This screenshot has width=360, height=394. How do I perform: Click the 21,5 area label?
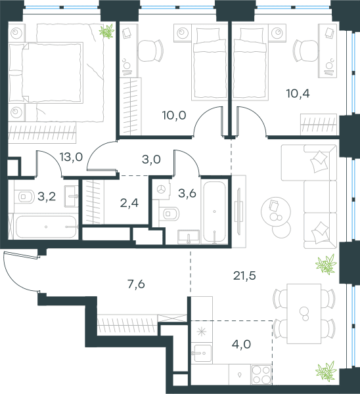[244, 276]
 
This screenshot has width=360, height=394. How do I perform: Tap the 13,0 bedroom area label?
[71, 157]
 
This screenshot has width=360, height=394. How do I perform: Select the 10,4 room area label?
[298, 93]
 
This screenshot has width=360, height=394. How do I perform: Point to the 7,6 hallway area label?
[136, 284]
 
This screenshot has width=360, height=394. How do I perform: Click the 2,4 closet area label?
[129, 203]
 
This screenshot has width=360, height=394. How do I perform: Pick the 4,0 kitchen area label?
[241, 344]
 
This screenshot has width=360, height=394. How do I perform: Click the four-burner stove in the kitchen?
[261, 374]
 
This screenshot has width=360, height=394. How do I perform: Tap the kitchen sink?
[202, 353]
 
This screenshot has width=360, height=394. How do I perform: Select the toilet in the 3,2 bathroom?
[24, 197]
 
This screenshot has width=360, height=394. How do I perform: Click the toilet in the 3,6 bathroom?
[169, 214]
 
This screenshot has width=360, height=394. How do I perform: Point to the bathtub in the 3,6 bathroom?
[214, 211]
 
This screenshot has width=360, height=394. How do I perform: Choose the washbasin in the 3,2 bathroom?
[72, 196]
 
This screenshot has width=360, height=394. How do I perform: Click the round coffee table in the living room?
[276, 211]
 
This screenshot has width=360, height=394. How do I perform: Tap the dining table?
[304, 314]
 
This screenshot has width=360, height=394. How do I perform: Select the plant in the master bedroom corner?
[107, 32]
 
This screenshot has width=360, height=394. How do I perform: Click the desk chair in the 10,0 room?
[150, 51]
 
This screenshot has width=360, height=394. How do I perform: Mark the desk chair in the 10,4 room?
[306, 51]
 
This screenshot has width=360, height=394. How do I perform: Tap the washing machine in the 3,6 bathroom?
[161, 190]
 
